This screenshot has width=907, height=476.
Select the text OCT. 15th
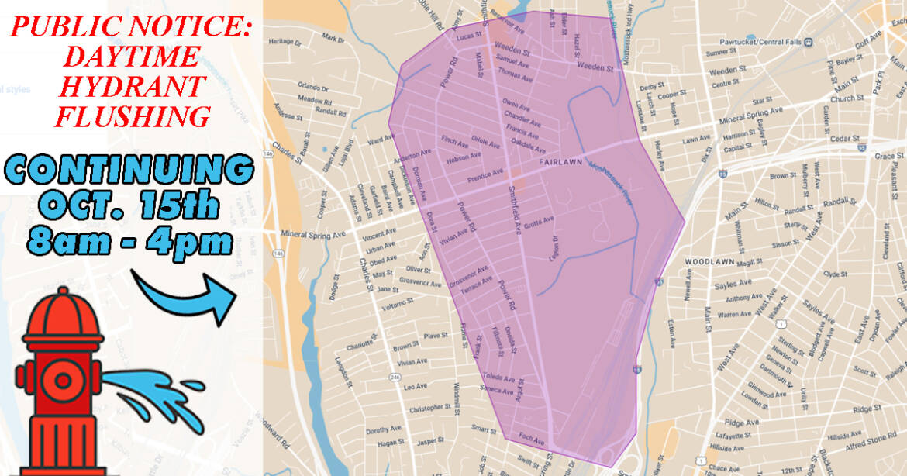pos(128,206)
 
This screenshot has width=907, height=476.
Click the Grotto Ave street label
pos(538,222)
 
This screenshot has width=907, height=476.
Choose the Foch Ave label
pos(533,440)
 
